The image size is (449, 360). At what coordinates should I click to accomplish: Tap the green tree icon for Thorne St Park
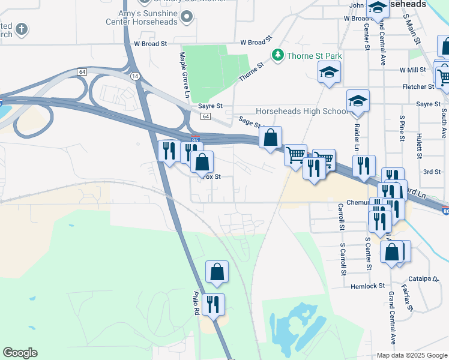click(x=278, y=55)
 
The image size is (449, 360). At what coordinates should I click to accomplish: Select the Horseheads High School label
click(x=301, y=111)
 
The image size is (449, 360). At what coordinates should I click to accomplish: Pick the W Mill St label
click(x=412, y=70)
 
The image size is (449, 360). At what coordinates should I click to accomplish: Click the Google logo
click(x=20, y=353)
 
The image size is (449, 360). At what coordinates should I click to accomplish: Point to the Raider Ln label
click(x=357, y=138)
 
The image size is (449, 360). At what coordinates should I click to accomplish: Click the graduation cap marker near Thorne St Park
click(x=328, y=73)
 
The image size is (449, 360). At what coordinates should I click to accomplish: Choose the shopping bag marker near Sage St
click(x=271, y=137)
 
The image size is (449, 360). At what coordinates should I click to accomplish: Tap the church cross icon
click(x=22, y=29)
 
